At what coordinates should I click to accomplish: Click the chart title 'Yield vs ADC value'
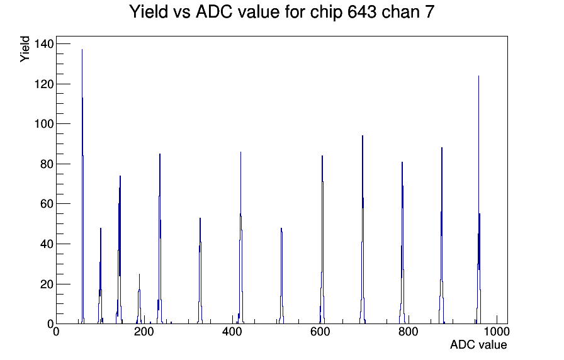coord(204,11)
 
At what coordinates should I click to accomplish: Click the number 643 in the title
coord(362,11)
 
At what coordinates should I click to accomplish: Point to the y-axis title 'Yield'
coord(25,49)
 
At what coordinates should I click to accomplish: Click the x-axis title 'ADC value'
coord(478,344)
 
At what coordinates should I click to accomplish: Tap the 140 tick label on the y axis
coord(43,44)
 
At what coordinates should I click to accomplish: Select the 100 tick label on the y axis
coord(43,124)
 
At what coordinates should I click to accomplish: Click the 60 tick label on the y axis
coord(47,204)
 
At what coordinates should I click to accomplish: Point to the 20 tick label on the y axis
coord(47,284)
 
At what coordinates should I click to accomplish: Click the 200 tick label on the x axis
coord(144,331)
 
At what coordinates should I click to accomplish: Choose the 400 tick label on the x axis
coord(232,331)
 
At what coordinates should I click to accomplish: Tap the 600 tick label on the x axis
coord(320,331)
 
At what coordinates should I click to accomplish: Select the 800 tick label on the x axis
coord(409,331)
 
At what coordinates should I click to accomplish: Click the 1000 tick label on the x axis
coord(497,331)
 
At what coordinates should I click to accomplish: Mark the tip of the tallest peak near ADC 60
coord(82,50)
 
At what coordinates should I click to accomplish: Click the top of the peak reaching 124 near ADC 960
coord(478,76)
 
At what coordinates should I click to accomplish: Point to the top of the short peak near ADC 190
coord(139,274)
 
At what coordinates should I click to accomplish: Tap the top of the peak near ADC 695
coord(363,135)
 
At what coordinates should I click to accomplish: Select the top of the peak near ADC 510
coord(281,228)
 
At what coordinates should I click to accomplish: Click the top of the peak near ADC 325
coord(200,218)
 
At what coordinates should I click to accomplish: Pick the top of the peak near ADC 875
coord(442,147)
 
